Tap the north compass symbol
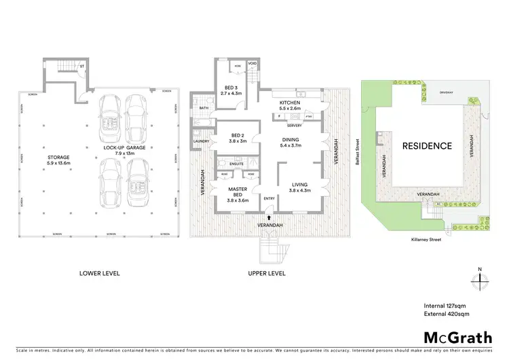pos(479,281)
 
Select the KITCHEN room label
pos(290,103)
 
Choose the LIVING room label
pos(300,184)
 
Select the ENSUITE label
pos(237,164)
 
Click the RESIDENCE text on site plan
pos(427,145)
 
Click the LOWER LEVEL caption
pos(100,273)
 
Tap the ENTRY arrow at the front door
pos(269,217)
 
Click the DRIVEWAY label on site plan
pos(447,90)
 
